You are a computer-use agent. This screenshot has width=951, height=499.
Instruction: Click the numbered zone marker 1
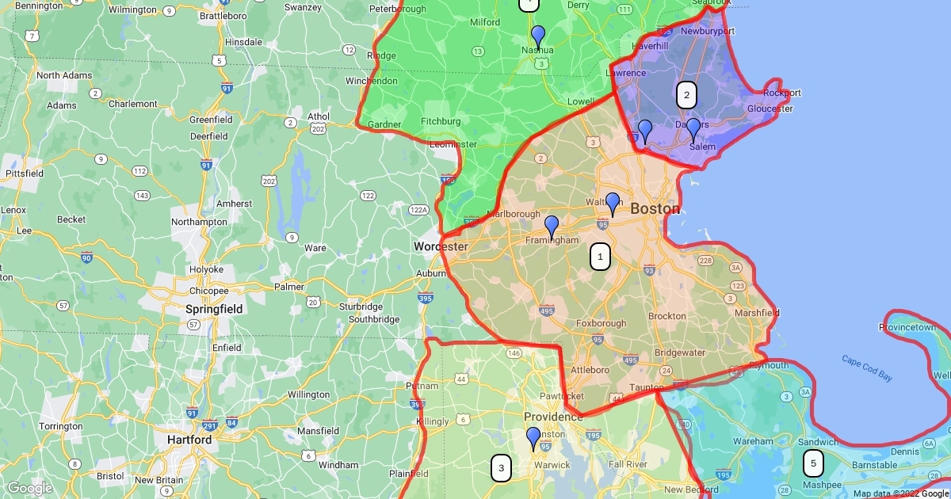[600, 257]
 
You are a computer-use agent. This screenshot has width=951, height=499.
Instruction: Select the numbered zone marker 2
[686, 96]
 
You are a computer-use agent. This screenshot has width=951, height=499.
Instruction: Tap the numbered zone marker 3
[500, 468]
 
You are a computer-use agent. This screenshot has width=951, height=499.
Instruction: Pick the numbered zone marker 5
[813, 463]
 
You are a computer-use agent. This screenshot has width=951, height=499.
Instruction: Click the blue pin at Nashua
[538, 37]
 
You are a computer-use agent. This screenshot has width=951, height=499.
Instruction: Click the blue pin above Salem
[693, 130]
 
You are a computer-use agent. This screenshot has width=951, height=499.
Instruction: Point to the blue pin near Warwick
[533, 439]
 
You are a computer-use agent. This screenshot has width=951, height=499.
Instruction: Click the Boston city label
[655, 209]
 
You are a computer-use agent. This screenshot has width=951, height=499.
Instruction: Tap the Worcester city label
[441, 247]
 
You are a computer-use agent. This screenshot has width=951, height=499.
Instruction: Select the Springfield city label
[214, 309]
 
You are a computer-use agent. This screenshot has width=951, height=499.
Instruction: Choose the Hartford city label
[189, 440]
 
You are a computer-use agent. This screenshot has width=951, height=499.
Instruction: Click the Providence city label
[553, 417]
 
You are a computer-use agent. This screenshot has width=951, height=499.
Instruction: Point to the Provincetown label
[908, 328]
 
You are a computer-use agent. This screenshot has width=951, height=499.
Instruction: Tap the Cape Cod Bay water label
[867, 368]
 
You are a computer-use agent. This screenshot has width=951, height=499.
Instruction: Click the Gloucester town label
[770, 109]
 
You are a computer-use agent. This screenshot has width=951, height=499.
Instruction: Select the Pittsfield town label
[24, 173]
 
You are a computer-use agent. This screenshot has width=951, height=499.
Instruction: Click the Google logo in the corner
[30, 488]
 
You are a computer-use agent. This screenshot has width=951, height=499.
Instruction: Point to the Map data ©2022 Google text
[900, 493]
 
